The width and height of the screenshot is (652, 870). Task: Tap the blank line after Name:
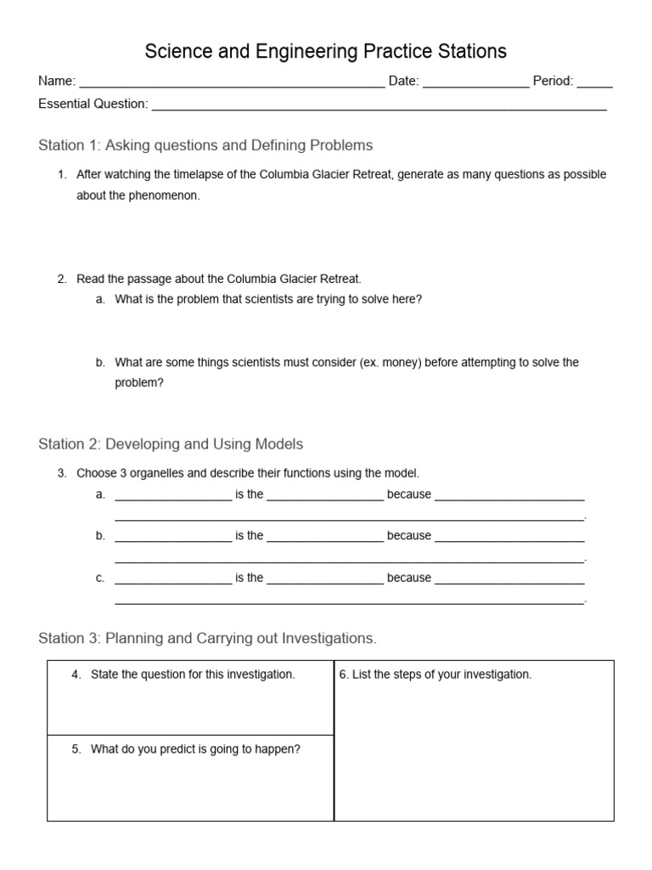coord(231,83)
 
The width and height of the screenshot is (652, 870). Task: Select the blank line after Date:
coord(475,83)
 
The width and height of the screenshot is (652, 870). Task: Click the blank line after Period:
coord(594,83)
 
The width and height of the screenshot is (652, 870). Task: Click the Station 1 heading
coord(205,145)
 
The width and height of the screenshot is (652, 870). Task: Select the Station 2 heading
coord(171,443)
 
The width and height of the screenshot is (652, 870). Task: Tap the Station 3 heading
coord(207,637)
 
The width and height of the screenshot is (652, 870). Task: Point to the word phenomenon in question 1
coord(168,195)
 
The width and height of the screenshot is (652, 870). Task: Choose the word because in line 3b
coord(409,536)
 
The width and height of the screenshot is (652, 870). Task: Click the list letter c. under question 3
coord(100,578)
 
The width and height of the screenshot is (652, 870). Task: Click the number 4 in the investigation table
coord(76,675)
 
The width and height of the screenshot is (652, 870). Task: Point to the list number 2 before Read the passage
coord(61,279)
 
